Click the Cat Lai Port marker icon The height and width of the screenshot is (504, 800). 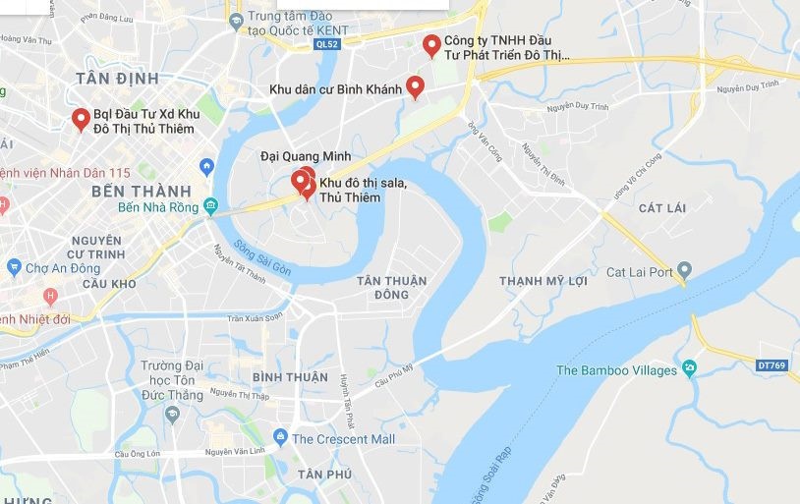[685, 271]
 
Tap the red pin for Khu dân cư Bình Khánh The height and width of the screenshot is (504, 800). [415, 87]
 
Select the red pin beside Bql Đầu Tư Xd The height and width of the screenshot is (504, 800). [81, 120]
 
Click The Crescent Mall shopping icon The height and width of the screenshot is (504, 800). [280, 438]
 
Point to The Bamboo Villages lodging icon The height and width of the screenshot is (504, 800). [689, 369]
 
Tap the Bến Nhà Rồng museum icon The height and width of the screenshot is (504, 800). [210, 206]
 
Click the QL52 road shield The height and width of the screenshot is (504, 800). [327, 44]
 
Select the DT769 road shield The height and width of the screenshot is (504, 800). [773, 364]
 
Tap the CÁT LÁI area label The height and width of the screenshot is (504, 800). [661, 207]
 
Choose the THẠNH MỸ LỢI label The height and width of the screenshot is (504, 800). [543, 281]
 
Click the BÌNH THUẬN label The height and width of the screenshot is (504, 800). [290, 377]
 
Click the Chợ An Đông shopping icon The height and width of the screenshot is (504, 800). [13, 267]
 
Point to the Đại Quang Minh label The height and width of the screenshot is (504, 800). [305, 155]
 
